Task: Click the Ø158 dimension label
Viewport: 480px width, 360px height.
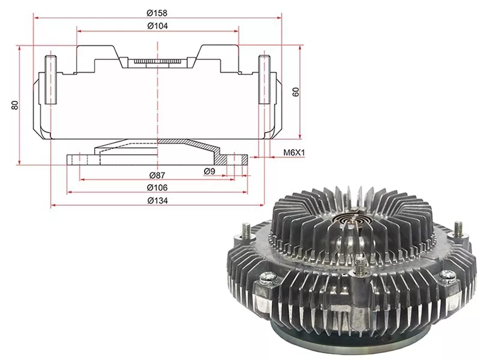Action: [157, 13]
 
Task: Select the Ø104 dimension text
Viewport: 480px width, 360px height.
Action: [157, 26]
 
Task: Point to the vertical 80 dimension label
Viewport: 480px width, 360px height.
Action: [14, 105]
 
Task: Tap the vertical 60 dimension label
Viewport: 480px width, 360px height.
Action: [296, 92]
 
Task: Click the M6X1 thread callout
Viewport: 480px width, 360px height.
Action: [294, 152]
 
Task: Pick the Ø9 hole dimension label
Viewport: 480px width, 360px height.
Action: [209, 172]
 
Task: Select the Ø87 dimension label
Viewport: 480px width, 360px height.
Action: [157, 175]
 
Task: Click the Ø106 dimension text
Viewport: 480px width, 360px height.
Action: [157, 187]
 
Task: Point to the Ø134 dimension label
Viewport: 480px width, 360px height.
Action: [157, 200]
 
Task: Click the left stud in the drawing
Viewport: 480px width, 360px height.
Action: [50, 80]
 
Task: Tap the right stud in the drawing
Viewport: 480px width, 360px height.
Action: [264, 80]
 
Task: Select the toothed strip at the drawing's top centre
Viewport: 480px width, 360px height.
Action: [157, 62]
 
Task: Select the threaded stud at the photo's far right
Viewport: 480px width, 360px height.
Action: [458, 228]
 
